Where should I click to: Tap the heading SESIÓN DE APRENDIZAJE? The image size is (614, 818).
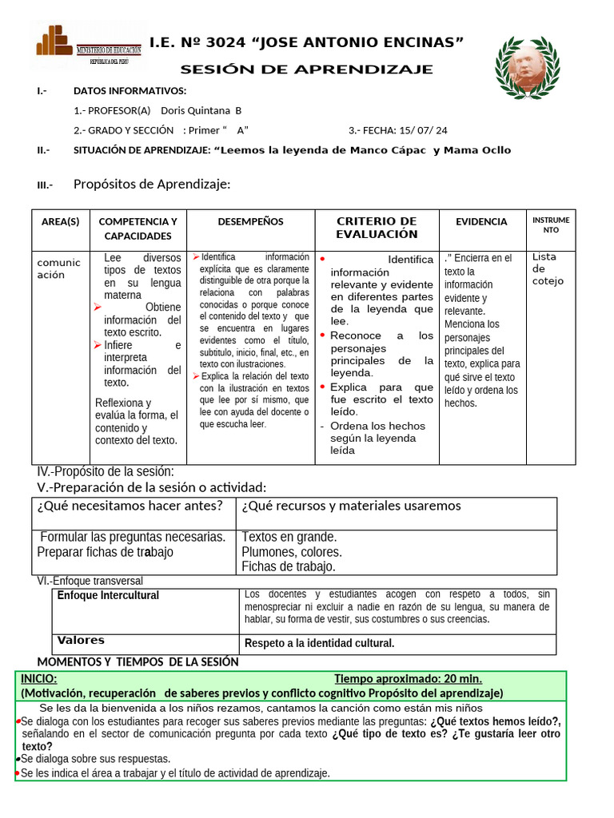pos(306,69)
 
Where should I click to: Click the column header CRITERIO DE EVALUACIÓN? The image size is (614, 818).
pos(377,228)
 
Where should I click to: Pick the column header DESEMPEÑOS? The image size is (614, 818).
pos(250,222)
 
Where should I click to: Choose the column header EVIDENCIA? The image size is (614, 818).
pos(481,222)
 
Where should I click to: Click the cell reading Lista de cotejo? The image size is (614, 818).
pos(548,268)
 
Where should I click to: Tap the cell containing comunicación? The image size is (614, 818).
pos(59,268)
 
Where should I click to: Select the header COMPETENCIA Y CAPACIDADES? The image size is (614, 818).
pos(138,228)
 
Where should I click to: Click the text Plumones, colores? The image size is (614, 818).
pos(292,552)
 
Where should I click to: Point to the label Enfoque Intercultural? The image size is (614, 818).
pos(108,596)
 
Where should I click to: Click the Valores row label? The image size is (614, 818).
pos(81,641)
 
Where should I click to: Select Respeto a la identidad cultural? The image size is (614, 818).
pos(319,643)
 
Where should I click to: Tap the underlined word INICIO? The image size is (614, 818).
pos(38,678)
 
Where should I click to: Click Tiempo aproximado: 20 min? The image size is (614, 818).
pos(408,678)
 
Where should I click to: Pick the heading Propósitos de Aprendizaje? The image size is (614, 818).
pos(152,185)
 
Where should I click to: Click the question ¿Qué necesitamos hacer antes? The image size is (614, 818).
pos(130,506)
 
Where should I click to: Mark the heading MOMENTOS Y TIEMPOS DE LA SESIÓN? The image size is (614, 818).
pos(138,661)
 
